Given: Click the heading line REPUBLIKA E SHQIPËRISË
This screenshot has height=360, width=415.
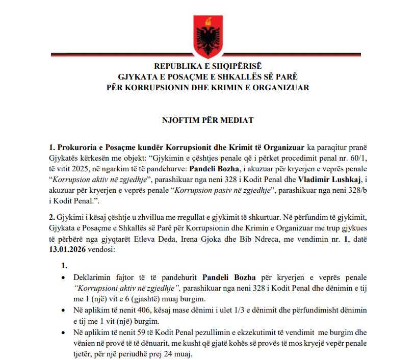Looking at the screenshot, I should click(x=207, y=67).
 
